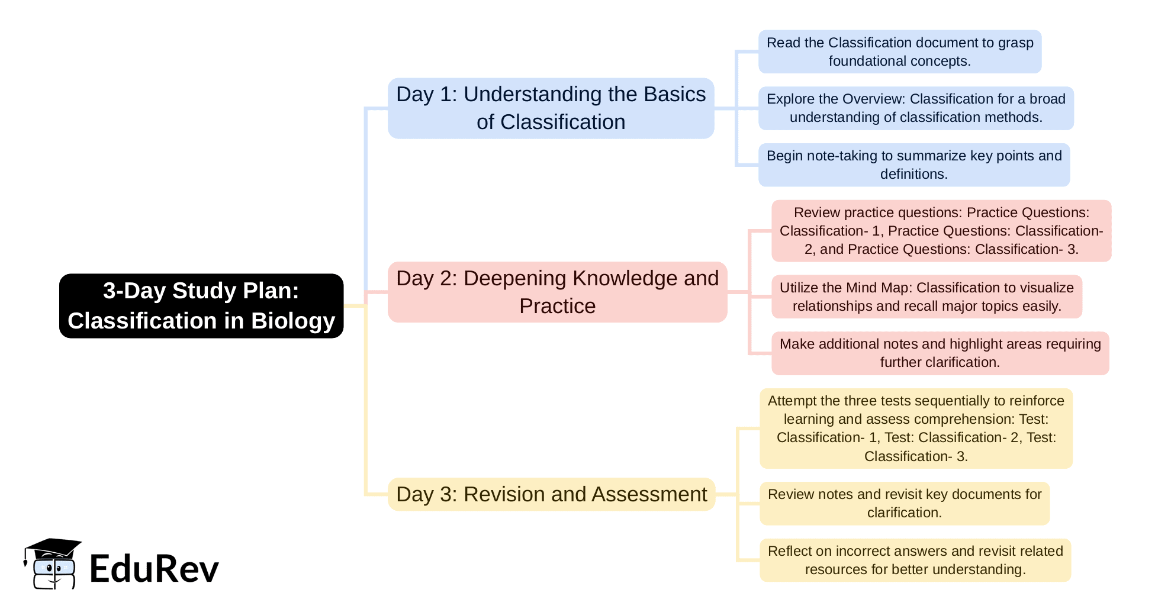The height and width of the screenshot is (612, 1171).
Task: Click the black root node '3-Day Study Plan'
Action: [201, 305]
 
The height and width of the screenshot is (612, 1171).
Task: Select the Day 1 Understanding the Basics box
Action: [551, 108]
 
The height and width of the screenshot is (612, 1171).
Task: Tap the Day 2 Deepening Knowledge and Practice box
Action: [557, 292]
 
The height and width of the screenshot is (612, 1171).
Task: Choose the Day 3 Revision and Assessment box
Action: [551, 494]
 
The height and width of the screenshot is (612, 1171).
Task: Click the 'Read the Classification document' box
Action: [899, 51]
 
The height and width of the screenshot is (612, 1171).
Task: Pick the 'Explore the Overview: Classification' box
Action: [916, 108]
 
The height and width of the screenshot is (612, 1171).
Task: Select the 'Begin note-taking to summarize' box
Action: [913, 165]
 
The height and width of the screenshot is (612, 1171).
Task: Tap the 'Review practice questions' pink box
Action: [941, 231]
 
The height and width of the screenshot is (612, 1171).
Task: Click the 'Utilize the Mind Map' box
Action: [926, 297]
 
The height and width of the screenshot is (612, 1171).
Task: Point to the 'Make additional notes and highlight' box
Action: [940, 353]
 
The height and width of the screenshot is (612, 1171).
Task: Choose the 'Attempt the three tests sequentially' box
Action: [916, 428]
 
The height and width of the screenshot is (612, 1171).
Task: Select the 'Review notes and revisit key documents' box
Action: [904, 503]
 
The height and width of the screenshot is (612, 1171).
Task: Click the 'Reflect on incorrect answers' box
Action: [915, 560]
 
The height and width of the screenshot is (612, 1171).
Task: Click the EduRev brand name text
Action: [154, 569]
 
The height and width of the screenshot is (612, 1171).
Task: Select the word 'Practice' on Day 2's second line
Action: [557, 306]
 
